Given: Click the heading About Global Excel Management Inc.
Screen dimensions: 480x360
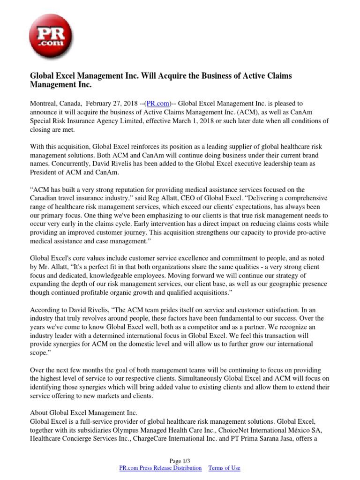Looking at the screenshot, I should pos(83,412).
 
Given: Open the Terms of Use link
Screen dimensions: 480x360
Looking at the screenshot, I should pos(224,468).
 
